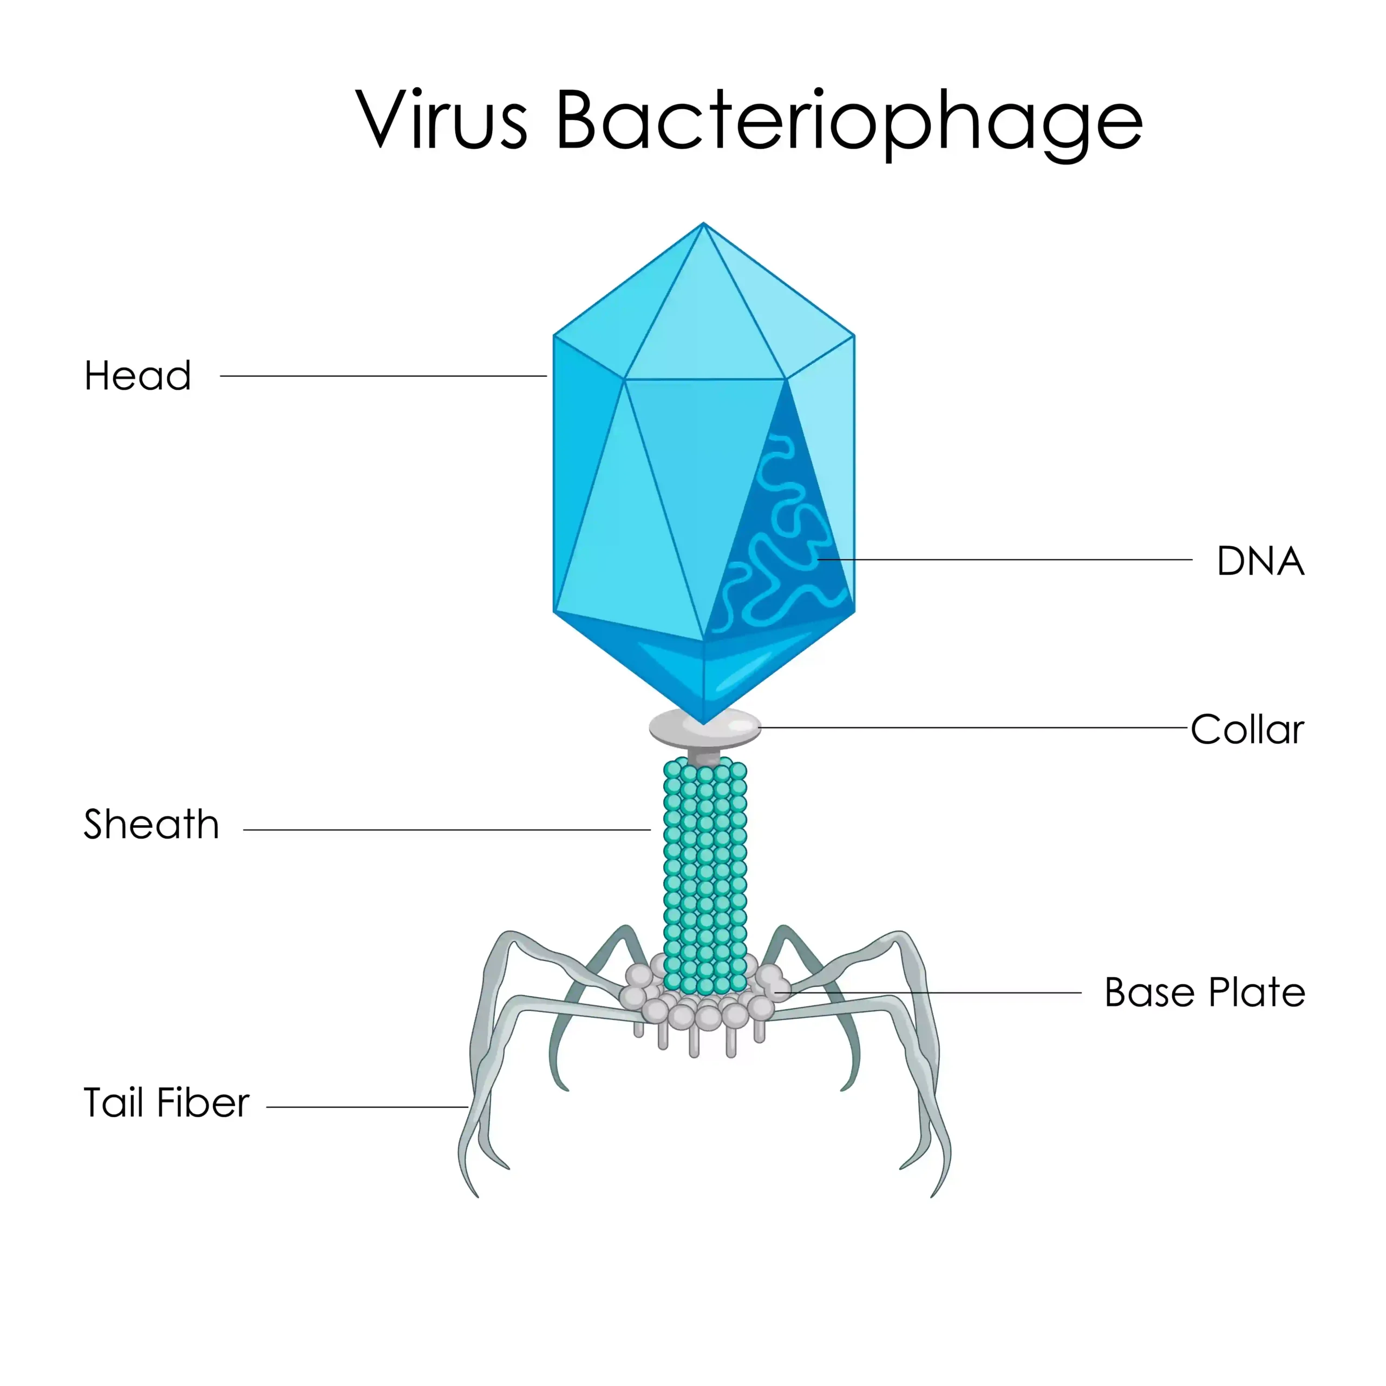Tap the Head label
[138, 375]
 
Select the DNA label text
[1260, 561]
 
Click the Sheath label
[152, 823]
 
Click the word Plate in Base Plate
[1257, 993]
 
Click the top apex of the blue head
[704, 223]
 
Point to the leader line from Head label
[383, 376]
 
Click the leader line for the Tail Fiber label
[367, 1107]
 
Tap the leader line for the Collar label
[973, 728]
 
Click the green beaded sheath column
[705, 875]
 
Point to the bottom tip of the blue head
[704, 724]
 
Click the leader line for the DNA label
[1005, 560]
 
